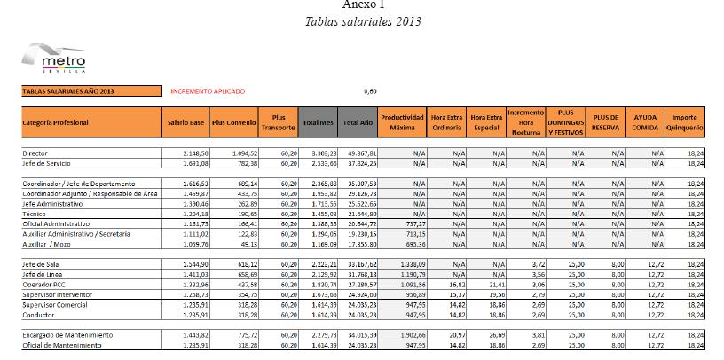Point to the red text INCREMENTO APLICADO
(x=208, y=90)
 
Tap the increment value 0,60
(x=371, y=90)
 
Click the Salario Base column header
(x=186, y=122)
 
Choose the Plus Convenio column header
(x=233, y=122)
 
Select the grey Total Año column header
(x=358, y=122)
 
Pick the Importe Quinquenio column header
(x=684, y=122)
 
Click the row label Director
(x=36, y=153)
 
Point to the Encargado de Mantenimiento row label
(x=67, y=334)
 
